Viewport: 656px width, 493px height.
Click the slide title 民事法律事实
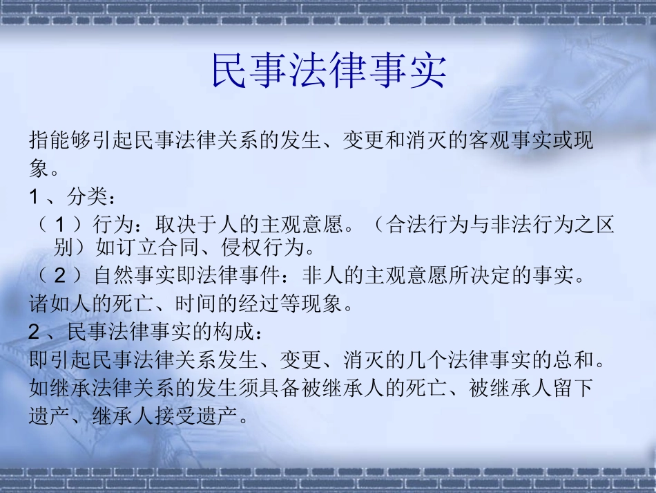tap(329, 70)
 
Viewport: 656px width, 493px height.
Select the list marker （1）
tap(61, 225)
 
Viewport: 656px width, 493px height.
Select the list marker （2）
tap(61, 276)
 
